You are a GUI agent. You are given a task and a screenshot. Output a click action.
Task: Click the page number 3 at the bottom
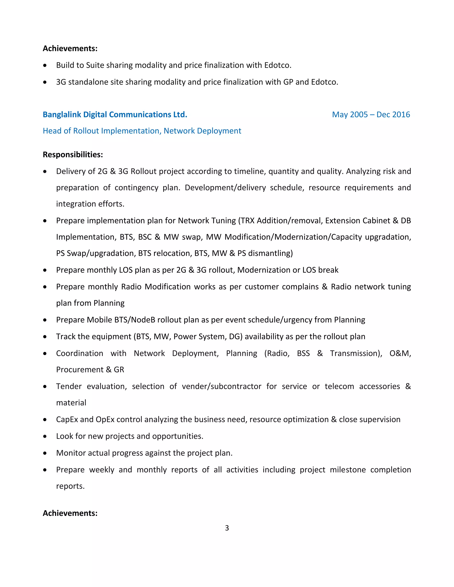pyautogui.click(x=227, y=528)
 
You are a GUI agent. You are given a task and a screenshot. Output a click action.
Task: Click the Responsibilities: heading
pyautogui.click(x=73, y=155)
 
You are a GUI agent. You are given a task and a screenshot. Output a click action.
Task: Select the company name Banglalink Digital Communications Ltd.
pyautogui.click(x=115, y=115)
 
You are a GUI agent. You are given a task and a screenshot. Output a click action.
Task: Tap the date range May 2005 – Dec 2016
pyautogui.click(x=371, y=115)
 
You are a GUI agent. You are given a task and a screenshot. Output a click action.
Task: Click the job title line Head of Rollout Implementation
pyautogui.click(x=142, y=131)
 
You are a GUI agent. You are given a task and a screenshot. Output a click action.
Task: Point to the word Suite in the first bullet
pyautogui.click(x=95, y=65)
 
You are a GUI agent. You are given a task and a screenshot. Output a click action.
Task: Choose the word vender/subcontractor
pyautogui.click(x=221, y=387)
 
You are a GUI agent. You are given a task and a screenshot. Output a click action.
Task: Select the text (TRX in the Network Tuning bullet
pyautogui.click(x=246, y=221)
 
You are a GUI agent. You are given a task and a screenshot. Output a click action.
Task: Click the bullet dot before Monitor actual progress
pyautogui.click(x=45, y=453)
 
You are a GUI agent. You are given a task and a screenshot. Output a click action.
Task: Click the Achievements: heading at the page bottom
pyautogui.click(x=70, y=513)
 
